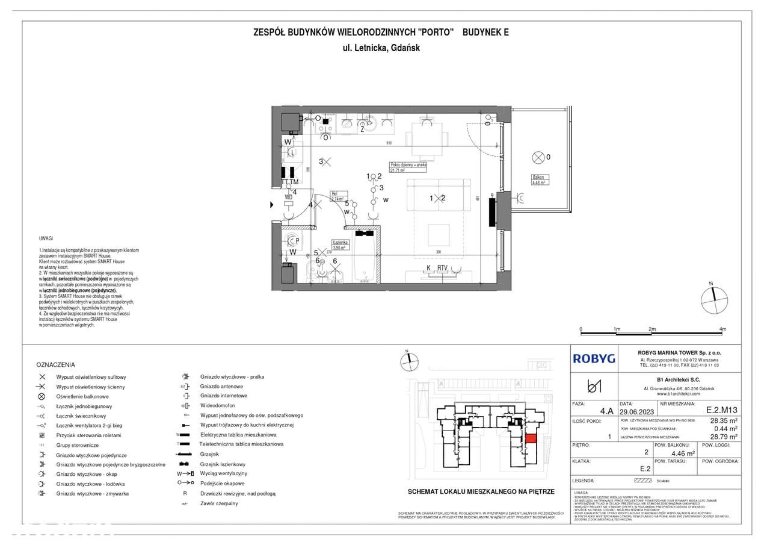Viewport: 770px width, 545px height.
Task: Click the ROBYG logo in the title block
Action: tap(594, 358)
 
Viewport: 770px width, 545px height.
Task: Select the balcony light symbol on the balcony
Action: tap(538, 158)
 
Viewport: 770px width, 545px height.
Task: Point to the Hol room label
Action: tap(334, 195)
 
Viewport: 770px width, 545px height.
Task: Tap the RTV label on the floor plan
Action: tap(443, 268)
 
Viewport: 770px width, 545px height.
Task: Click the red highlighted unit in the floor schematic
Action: tap(530, 439)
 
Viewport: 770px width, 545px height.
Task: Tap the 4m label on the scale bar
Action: tap(722, 329)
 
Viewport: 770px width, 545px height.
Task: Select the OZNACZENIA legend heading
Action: tap(55, 365)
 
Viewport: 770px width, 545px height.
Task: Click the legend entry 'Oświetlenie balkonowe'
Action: tap(82, 397)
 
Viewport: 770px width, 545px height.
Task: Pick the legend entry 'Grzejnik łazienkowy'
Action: tap(223, 464)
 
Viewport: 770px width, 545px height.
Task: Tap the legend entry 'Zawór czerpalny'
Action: tap(219, 503)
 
